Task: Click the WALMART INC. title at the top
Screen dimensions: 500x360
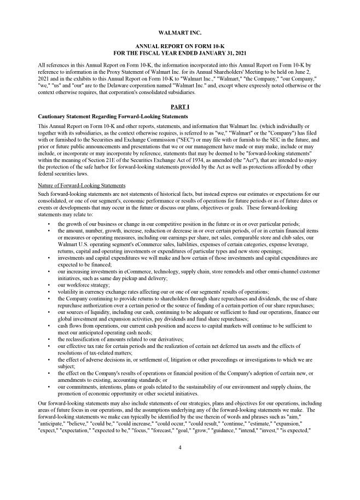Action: (x=179, y=33)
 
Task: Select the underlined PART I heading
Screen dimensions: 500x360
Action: (x=179, y=106)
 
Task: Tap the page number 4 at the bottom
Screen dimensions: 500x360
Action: (x=179, y=447)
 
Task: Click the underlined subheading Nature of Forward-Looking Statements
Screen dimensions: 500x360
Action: (x=82, y=185)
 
